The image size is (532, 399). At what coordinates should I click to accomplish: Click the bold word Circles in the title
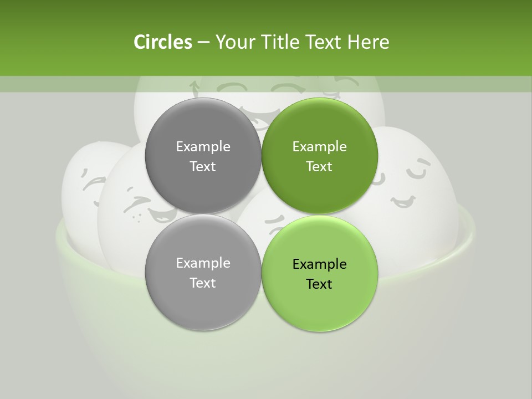click(x=162, y=42)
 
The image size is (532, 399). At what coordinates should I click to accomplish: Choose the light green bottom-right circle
click(x=319, y=305)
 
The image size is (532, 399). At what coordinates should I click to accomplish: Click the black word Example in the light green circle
click(x=319, y=264)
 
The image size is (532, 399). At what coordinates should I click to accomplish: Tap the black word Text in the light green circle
click(x=319, y=284)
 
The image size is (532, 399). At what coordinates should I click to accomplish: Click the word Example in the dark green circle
click(x=319, y=147)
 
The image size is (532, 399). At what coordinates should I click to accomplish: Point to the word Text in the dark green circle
click(x=319, y=167)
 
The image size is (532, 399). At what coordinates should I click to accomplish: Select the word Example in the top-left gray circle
click(x=203, y=147)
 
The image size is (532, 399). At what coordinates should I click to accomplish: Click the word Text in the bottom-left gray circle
click(x=203, y=283)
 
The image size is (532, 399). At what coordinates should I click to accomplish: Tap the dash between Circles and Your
click(x=203, y=43)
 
